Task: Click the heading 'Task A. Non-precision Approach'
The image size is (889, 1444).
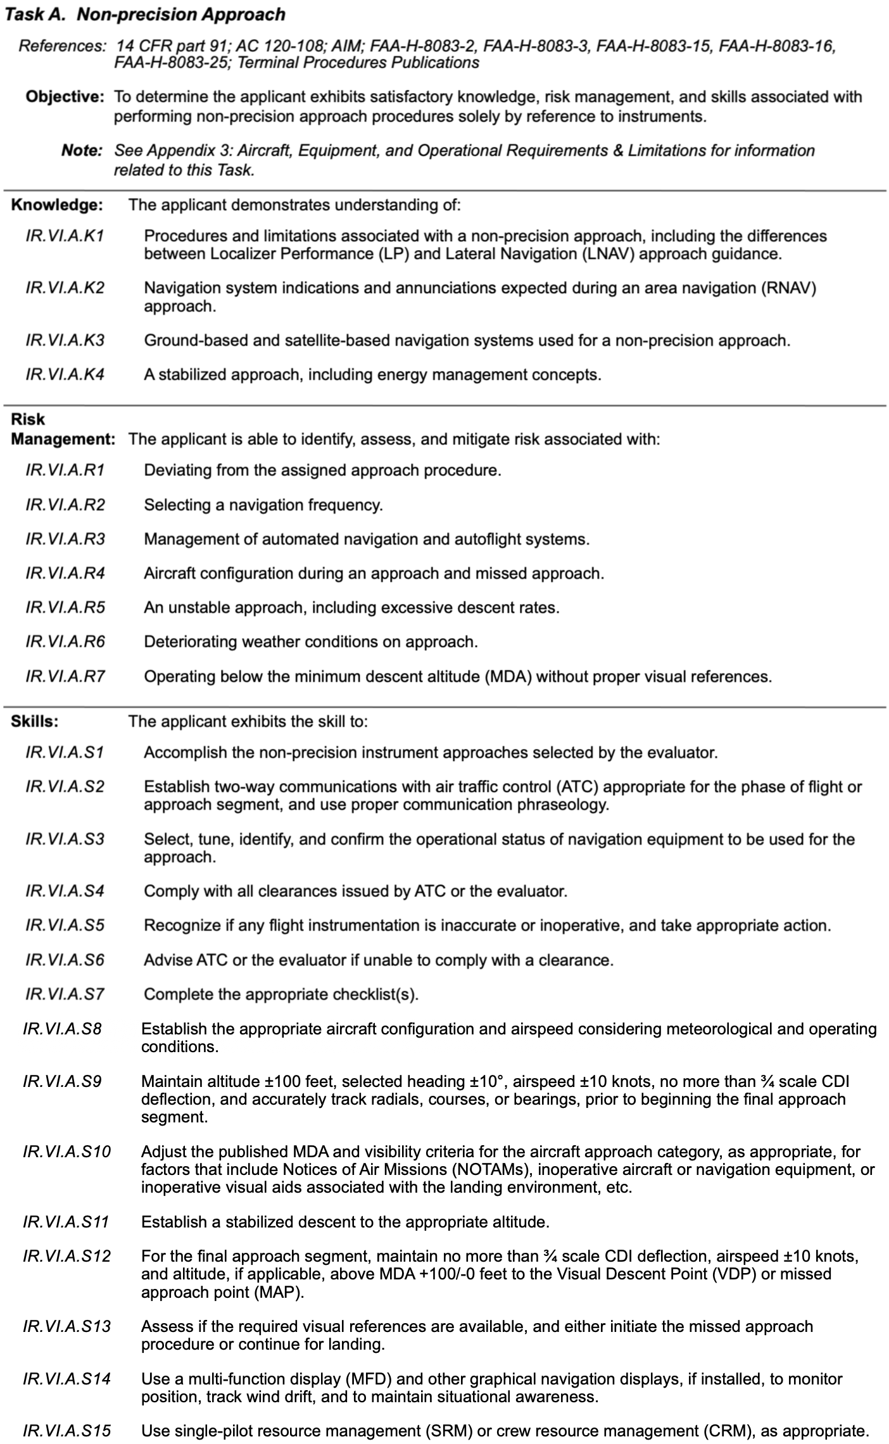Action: pos(145,14)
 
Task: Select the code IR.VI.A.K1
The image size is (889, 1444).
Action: pos(65,236)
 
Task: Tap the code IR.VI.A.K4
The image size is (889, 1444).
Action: pos(65,374)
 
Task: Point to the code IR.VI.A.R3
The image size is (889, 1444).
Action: pos(65,539)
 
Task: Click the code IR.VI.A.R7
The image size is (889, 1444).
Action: pos(65,676)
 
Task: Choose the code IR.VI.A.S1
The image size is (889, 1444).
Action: pos(65,752)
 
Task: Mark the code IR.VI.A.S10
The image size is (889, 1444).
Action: pos(67,1152)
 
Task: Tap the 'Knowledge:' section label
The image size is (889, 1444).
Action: pos(57,205)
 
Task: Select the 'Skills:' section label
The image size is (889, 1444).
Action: pos(35,721)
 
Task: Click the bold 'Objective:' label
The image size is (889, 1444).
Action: pos(65,97)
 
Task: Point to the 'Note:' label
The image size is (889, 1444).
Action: pos(82,151)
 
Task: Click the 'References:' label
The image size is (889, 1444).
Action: pos(62,46)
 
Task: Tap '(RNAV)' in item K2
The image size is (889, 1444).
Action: pos(792,288)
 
